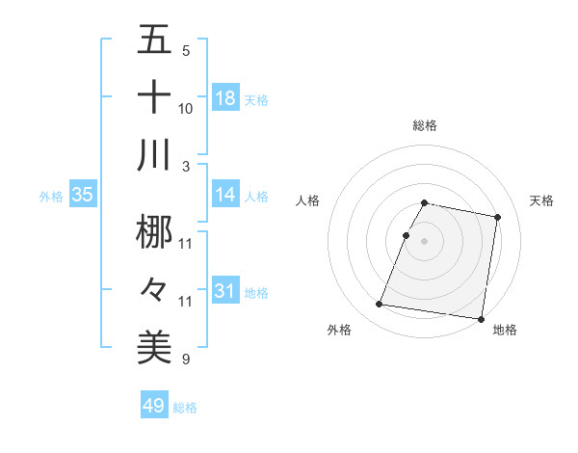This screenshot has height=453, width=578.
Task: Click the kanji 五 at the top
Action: [x=154, y=41]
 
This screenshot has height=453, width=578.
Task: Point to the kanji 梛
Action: [x=154, y=231]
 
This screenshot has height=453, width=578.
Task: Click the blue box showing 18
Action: [x=225, y=97]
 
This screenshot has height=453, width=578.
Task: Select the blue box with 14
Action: [x=225, y=194]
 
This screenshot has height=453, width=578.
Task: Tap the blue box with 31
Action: [x=225, y=290]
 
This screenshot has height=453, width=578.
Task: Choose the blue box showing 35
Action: [x=83, y=195]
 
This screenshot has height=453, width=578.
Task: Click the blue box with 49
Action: [x=154, y=406]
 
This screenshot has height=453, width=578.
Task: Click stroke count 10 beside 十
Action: [x=186, y=109]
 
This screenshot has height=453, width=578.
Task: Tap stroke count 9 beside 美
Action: [x=186, y=360]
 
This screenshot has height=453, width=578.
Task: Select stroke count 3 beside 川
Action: [x=186, y=167]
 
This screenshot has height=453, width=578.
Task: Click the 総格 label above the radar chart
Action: [x=425, y=125]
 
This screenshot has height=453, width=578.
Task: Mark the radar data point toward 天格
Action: [x=498, y=218]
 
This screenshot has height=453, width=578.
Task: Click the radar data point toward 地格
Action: [x=480, y=318]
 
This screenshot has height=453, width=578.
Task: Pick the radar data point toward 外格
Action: [x=379, y=305]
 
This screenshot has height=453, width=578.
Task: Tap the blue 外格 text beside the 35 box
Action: [x=51, y=196]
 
